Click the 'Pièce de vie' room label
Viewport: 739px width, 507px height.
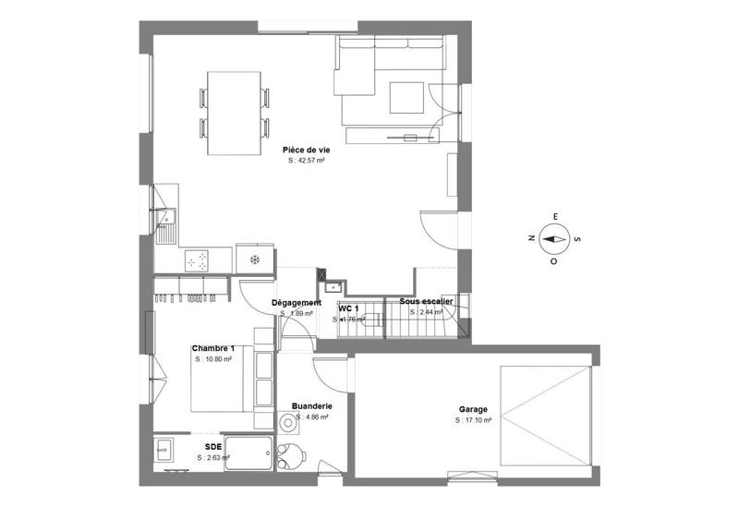coord(306,150)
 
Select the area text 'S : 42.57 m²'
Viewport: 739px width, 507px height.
coord(306,160)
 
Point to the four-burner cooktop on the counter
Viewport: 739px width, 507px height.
coord(197,261)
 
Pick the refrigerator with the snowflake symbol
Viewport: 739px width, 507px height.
coord(256,260)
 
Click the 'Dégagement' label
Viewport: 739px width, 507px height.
coord(296,303)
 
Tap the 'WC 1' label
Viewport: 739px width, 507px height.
coord(348,308)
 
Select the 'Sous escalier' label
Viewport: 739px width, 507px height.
coord(426,302)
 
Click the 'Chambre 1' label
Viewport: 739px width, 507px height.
coord(212,348)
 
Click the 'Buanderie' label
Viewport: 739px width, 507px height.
coord(311,405)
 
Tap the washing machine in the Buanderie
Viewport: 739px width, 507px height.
coord(289,422)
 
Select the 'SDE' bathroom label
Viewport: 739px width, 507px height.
coord(212,446)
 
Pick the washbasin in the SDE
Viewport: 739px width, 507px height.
coord(165,451)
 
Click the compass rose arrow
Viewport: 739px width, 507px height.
coord(555,238)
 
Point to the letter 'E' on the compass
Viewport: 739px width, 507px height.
coord(555,217)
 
